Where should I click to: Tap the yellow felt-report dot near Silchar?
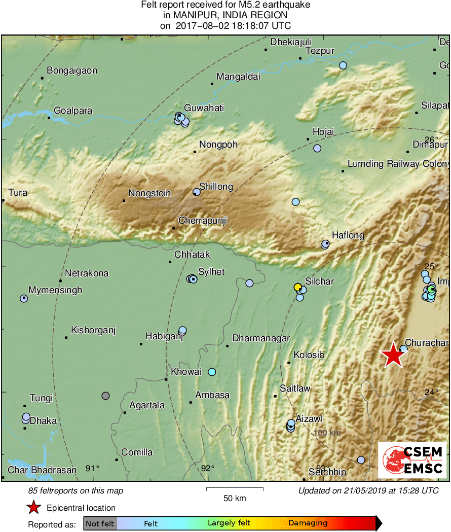[298, 287]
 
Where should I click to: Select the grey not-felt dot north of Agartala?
[105, 395]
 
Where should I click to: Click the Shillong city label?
[216, 187]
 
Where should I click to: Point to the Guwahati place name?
[204, 108]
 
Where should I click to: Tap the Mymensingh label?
[55, 290]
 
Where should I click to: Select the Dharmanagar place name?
[261, 338]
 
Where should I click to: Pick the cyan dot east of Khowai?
[212, 372]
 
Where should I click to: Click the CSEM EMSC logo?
[412, 460]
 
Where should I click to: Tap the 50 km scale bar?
[235, 489]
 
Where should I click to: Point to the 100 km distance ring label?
[327, 433]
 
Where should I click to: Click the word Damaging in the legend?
[308, 523]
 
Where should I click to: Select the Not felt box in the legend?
[100, 523]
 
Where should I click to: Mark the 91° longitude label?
[92, 468]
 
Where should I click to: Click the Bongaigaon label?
[72, 70]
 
